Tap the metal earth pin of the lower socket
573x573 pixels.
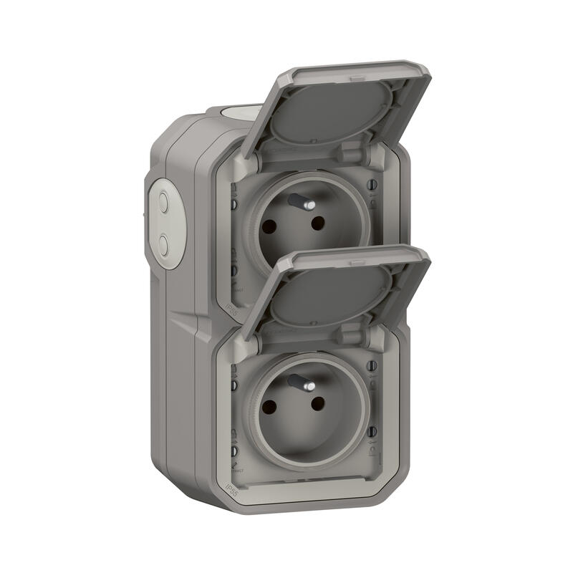point(301,388)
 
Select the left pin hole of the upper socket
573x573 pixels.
point(270,226)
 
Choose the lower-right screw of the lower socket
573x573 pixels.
point(372,432)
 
